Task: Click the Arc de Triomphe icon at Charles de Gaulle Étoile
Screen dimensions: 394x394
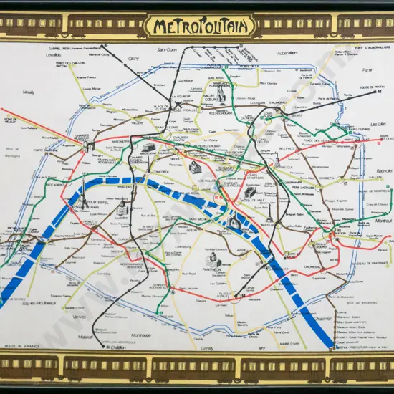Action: (90, 144)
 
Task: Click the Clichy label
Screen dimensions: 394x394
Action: (133, 59)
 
